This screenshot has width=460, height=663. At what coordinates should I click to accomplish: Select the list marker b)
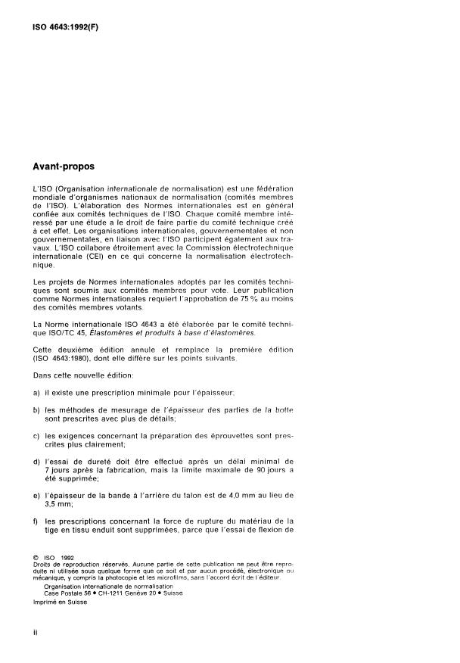36,409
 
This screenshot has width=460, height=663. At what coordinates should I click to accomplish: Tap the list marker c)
36,437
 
